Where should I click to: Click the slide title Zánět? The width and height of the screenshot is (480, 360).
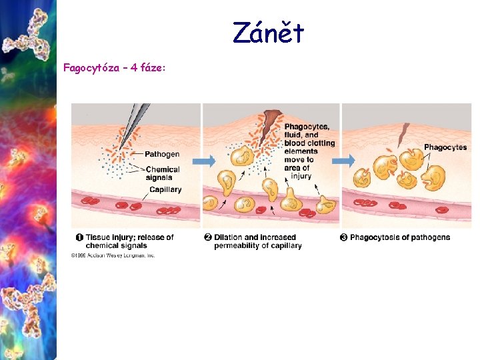coord(268,33)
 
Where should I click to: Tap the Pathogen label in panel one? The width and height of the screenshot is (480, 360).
coord(162,155)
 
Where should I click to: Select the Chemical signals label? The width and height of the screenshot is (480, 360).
coord(162,173)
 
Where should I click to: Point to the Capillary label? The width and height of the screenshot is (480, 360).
coord(165,189)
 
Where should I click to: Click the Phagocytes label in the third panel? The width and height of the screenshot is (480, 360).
coord(445,147)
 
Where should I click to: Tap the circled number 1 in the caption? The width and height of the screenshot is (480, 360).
coord(79,237)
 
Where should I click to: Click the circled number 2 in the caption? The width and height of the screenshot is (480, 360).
coord(207,237)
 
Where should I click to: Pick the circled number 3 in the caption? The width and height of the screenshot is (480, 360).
coord(344,237)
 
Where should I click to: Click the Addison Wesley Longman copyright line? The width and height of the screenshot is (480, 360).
coord(113,255)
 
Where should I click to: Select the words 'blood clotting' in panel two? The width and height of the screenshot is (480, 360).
coord(309,143)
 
